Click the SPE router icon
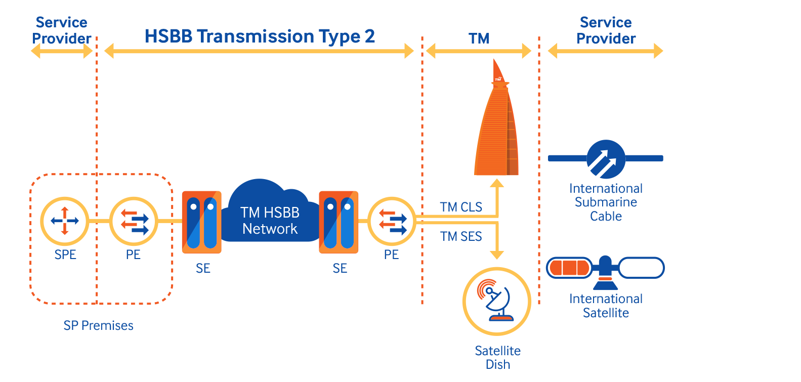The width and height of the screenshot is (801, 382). point(65,221)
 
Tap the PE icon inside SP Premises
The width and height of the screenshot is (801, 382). point(134,221)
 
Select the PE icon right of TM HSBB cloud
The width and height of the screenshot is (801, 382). point(392,221)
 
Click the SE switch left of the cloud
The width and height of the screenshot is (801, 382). point(201,222)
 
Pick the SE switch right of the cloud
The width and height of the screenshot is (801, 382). point(339,222)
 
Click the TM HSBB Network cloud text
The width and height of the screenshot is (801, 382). point(270,221)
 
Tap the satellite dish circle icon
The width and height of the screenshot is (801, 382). point(497,302)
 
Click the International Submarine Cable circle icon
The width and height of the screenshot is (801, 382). point(606,159)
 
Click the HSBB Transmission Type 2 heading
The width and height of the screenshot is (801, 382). point(260,36)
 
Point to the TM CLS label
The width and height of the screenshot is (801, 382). point(460,207)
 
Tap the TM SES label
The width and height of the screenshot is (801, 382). point(460,236)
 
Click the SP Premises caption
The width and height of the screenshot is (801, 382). point(98,325)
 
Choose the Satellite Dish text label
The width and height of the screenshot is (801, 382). point(497,357)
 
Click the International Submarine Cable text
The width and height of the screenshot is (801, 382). point(606,202)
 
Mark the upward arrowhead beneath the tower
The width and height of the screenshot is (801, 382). point(497,183)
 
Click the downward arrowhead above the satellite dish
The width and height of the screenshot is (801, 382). point(497,254)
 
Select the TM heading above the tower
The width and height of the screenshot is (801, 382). point(479,38)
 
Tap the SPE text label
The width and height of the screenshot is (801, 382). point(65,254)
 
